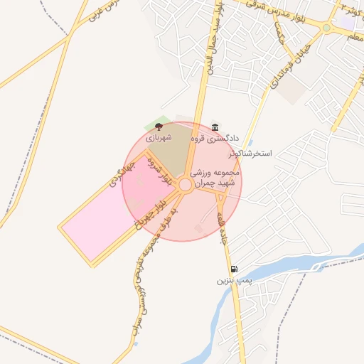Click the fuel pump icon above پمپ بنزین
(x=234, y=269)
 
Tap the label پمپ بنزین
(x=235, y=282)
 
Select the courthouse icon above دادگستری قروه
(x=215, y=127)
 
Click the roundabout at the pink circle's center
(x=185, y=185)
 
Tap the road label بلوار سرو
(x=161, y=171)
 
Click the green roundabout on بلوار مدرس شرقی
(x=326, y=28)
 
